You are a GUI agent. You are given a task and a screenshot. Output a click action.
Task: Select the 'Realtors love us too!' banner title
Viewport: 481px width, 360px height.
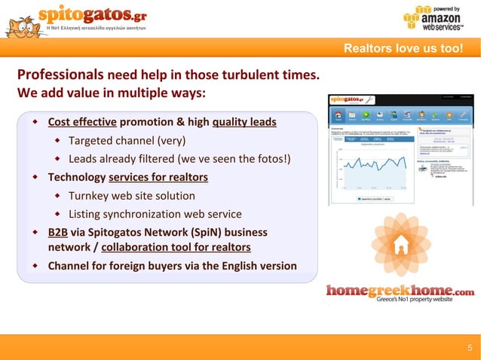403,50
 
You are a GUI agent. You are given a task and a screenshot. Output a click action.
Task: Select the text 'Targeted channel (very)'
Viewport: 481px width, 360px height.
127,141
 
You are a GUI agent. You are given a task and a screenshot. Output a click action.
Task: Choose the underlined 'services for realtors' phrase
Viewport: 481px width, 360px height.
158,178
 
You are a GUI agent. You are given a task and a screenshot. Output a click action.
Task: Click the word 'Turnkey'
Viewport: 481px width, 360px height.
90,196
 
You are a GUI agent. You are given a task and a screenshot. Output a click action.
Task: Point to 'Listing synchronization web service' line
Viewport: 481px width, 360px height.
155,214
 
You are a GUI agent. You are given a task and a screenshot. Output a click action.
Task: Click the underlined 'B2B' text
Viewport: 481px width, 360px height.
57,232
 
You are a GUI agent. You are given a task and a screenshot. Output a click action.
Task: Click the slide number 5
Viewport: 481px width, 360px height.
469,348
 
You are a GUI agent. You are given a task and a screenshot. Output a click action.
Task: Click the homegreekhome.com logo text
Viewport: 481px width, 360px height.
400,291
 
